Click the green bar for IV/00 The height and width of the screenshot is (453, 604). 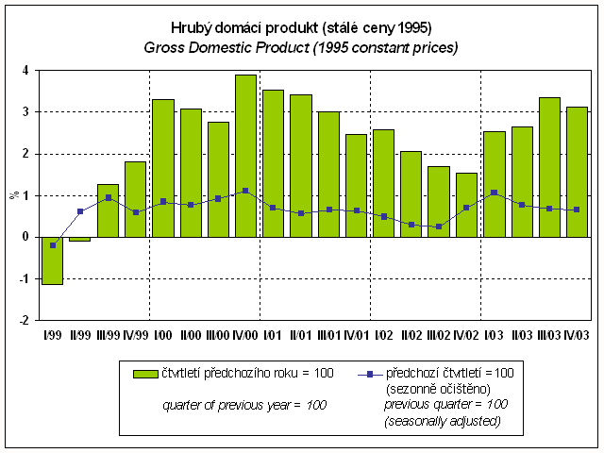[245, 156]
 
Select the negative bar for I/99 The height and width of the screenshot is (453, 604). [53, 260]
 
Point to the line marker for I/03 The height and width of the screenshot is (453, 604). [494, 193]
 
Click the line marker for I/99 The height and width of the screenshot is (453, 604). [53, 245]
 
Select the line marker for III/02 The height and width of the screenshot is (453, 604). [439, 226]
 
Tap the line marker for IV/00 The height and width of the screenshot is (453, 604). [245, 191]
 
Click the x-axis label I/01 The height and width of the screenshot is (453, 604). [273, 335]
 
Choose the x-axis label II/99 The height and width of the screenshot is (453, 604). [80, 335]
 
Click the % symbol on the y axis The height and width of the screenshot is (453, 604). [13, 195]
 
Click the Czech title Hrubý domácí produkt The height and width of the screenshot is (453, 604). [301, 27]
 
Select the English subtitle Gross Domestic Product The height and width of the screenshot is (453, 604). [301, 47]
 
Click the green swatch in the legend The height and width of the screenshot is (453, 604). [146, 374]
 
